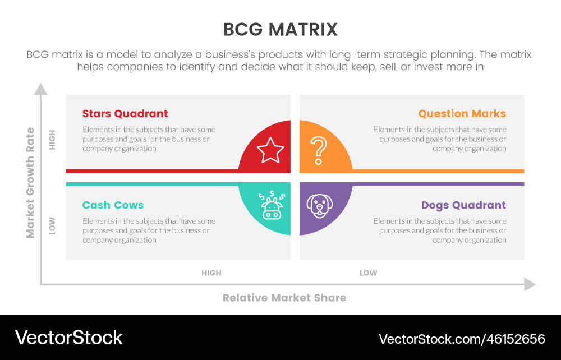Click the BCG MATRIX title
point(280,29)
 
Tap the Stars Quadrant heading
point(125,113)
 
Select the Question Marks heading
point(462,113)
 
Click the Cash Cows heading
point(113,205)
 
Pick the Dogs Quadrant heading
point(463,205)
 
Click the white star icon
point(270,150)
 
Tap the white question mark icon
point(318,150)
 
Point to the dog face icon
point(318,206)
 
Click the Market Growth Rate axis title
point(30,182)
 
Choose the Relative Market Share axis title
point(284,298)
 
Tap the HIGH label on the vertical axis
point(53,140)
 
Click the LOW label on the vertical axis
point(53,225)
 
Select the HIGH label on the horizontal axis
point(211,273)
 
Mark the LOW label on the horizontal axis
point(368,273)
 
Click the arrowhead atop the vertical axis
point(40,89)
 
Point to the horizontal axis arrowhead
point(530,284)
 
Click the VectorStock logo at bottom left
point(68,338)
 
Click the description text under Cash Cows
point(149,230)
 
